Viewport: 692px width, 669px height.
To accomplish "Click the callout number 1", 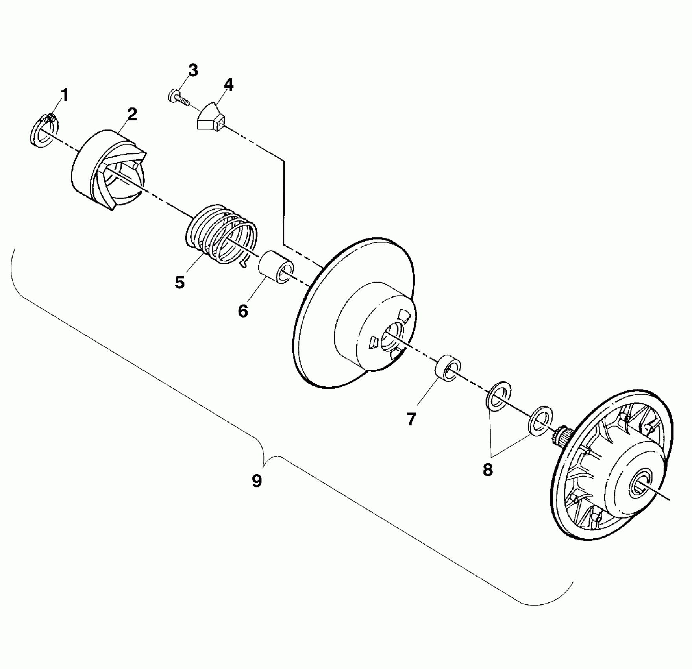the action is [65, 95].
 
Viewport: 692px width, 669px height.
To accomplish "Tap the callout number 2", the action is [132, 115].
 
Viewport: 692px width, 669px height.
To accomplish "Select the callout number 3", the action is [193, 71].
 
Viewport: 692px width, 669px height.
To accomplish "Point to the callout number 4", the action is [228, 85].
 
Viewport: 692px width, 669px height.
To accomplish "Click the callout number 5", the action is [180, 283].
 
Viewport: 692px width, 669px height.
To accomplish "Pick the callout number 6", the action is [243, 311].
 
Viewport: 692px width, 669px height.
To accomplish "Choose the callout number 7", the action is [411, 420].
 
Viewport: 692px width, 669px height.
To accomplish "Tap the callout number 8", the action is [488, 470].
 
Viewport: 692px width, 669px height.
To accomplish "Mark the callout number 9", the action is [257, 481].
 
